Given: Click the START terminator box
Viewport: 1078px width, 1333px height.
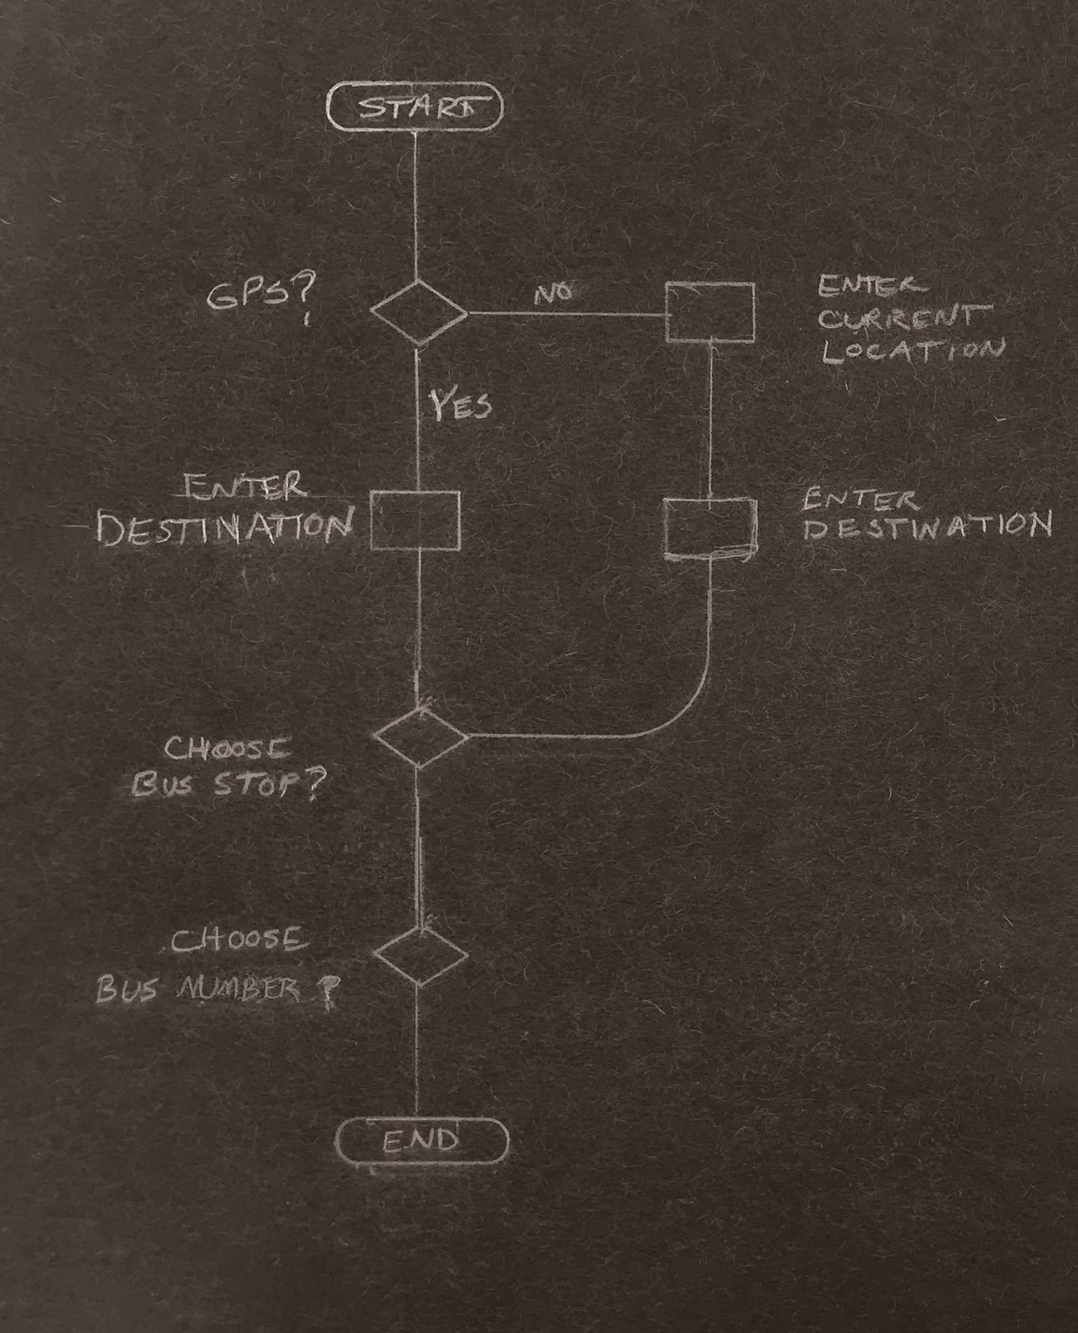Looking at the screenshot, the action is tap(415, 108).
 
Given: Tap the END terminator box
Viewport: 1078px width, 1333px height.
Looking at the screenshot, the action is tap(421, 1140).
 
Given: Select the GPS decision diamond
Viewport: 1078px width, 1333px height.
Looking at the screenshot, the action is tap(418, 312).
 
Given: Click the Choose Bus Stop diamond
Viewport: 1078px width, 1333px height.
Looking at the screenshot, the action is tap(421, 738).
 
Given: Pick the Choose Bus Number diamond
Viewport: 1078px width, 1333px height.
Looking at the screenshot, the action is tap(421, 956).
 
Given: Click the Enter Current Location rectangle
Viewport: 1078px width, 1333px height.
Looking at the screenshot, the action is tap(710, 312).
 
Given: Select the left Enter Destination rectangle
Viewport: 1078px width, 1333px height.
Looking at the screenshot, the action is tap(415, 520).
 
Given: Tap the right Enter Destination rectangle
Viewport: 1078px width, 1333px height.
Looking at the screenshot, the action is tap(710, 527).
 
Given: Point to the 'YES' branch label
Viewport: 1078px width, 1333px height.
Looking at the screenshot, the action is tap(460, 405).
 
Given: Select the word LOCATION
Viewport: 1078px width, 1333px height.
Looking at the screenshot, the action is tap(912, 350).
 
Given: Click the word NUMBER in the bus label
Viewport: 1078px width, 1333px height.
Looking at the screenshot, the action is tap(238, 990).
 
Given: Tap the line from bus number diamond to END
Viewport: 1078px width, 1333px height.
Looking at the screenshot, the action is tap(416, 1048).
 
